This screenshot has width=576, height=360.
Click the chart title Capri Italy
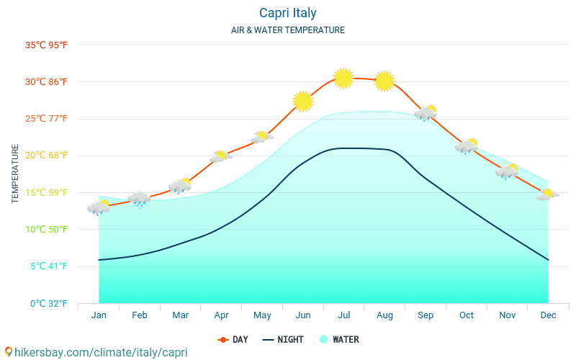click(287, 13)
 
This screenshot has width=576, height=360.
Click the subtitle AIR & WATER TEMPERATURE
click(287, 30)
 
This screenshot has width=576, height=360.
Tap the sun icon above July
click(343, 78)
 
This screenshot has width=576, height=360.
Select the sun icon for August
click(384, 81)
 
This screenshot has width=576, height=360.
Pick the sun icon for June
click(303, 101)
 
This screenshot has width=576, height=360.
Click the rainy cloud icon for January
click(99, 208)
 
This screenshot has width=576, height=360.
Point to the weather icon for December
click(547, 194)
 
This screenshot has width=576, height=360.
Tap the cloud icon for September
click(426, 113)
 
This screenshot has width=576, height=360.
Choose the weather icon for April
click(220, 156)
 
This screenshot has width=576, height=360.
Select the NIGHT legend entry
click(283, 340)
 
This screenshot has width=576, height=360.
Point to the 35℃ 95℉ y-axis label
click(47, 45)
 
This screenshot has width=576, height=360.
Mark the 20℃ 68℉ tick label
click(47, 156)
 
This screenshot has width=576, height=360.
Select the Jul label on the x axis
click(343, 315)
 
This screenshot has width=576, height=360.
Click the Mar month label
click(180, 315)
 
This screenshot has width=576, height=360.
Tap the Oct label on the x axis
click(466, 315)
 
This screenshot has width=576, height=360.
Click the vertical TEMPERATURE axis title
click(15, 174)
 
